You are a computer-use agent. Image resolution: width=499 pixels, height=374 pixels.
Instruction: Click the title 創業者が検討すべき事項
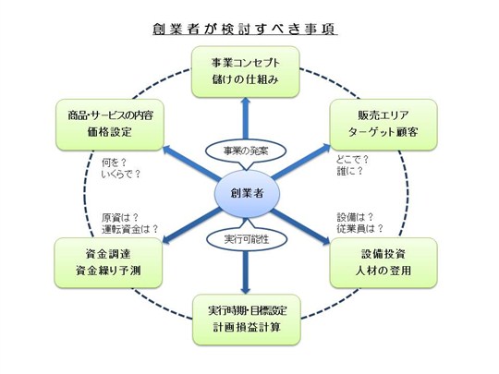click(245, 29)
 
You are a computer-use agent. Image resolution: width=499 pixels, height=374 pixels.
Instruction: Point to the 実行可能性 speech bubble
click(247, 237)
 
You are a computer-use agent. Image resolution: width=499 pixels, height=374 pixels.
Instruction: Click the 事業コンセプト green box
click(246, 72)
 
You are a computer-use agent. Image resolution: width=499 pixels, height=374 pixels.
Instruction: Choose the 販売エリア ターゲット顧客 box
click(383, 125)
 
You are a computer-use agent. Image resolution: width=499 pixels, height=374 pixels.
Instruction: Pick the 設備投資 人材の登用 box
click(383, 262)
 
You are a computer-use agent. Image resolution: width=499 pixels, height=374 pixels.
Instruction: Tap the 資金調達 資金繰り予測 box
click(108, 263)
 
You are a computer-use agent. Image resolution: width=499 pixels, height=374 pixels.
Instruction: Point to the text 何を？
click(114, 163)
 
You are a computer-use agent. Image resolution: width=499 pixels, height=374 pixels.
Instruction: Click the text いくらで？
click(121, 175)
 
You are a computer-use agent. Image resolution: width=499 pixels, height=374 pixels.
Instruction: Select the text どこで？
click(353, 160)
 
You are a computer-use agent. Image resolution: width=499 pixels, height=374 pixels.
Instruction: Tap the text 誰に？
click(349, 171)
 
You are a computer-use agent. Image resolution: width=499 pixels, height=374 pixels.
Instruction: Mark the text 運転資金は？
click(130, 229)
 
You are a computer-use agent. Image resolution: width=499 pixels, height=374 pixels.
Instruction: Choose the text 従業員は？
click(360, 228)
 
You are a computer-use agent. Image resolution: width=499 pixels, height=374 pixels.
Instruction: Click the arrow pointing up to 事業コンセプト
click(246, 118)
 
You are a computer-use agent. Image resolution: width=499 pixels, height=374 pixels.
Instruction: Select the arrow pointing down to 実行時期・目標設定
click(245, 272)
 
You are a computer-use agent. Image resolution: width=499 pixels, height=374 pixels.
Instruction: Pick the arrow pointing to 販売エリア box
click(301, 162)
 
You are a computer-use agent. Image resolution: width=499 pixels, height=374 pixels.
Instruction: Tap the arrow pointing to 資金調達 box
click(192, 226)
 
